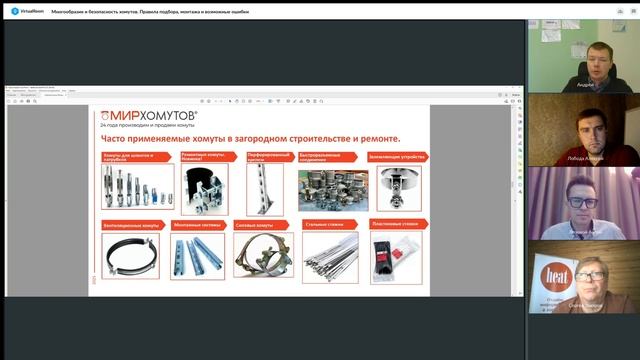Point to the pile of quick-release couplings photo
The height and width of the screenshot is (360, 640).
coord(332,189)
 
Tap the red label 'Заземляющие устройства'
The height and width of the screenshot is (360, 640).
coord(398,157)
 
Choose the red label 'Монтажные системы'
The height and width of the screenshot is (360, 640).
coord(198,225)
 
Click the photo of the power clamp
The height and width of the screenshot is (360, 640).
coord(262,255)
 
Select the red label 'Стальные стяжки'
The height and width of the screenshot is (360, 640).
coord(329,225)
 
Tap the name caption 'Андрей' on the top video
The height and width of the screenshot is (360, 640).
coord(586,85)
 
